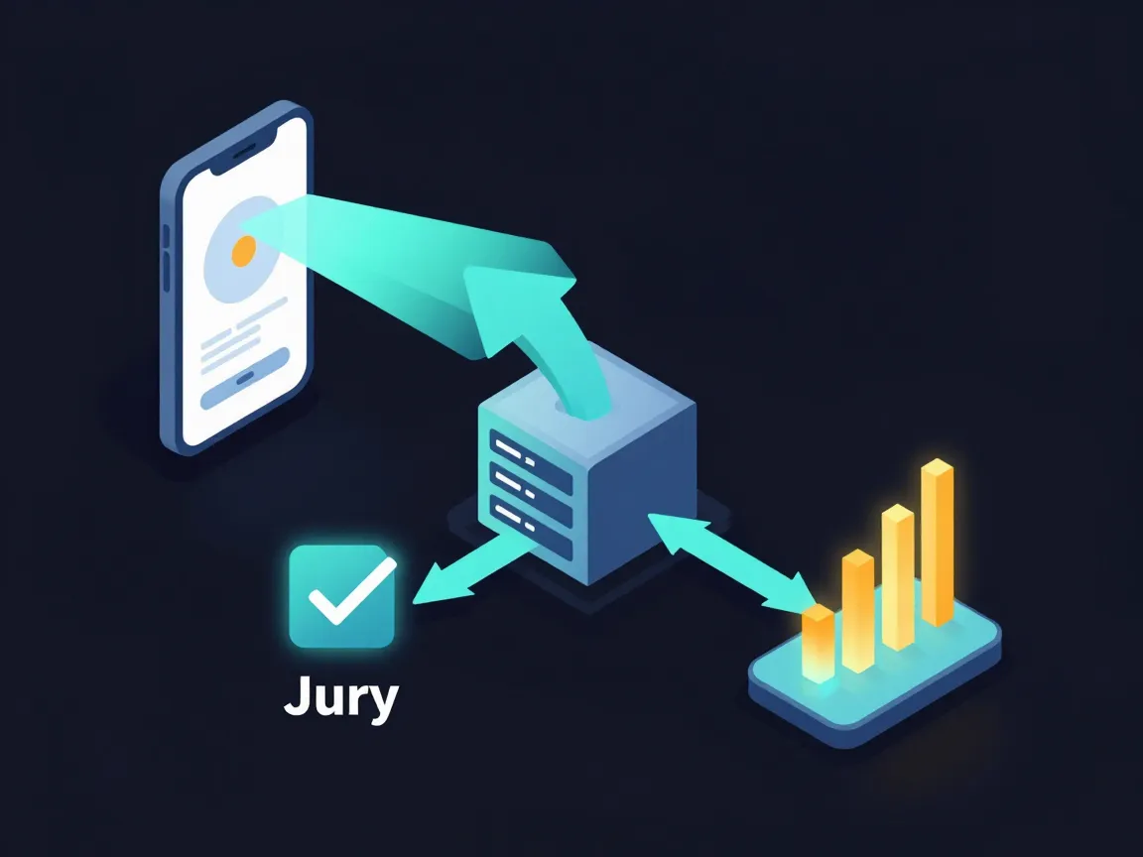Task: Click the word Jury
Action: [340, 697]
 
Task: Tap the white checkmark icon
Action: [352, 591]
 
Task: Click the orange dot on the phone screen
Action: [243, 251]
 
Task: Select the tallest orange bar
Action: [938, 543]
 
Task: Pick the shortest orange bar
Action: [818, 643]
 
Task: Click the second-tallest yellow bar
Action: [897, 576]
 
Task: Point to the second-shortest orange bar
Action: [858, 611]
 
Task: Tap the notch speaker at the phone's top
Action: [243, 151]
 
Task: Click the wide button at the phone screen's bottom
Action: [245, 378]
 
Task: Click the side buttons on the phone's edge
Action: [167, 259]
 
